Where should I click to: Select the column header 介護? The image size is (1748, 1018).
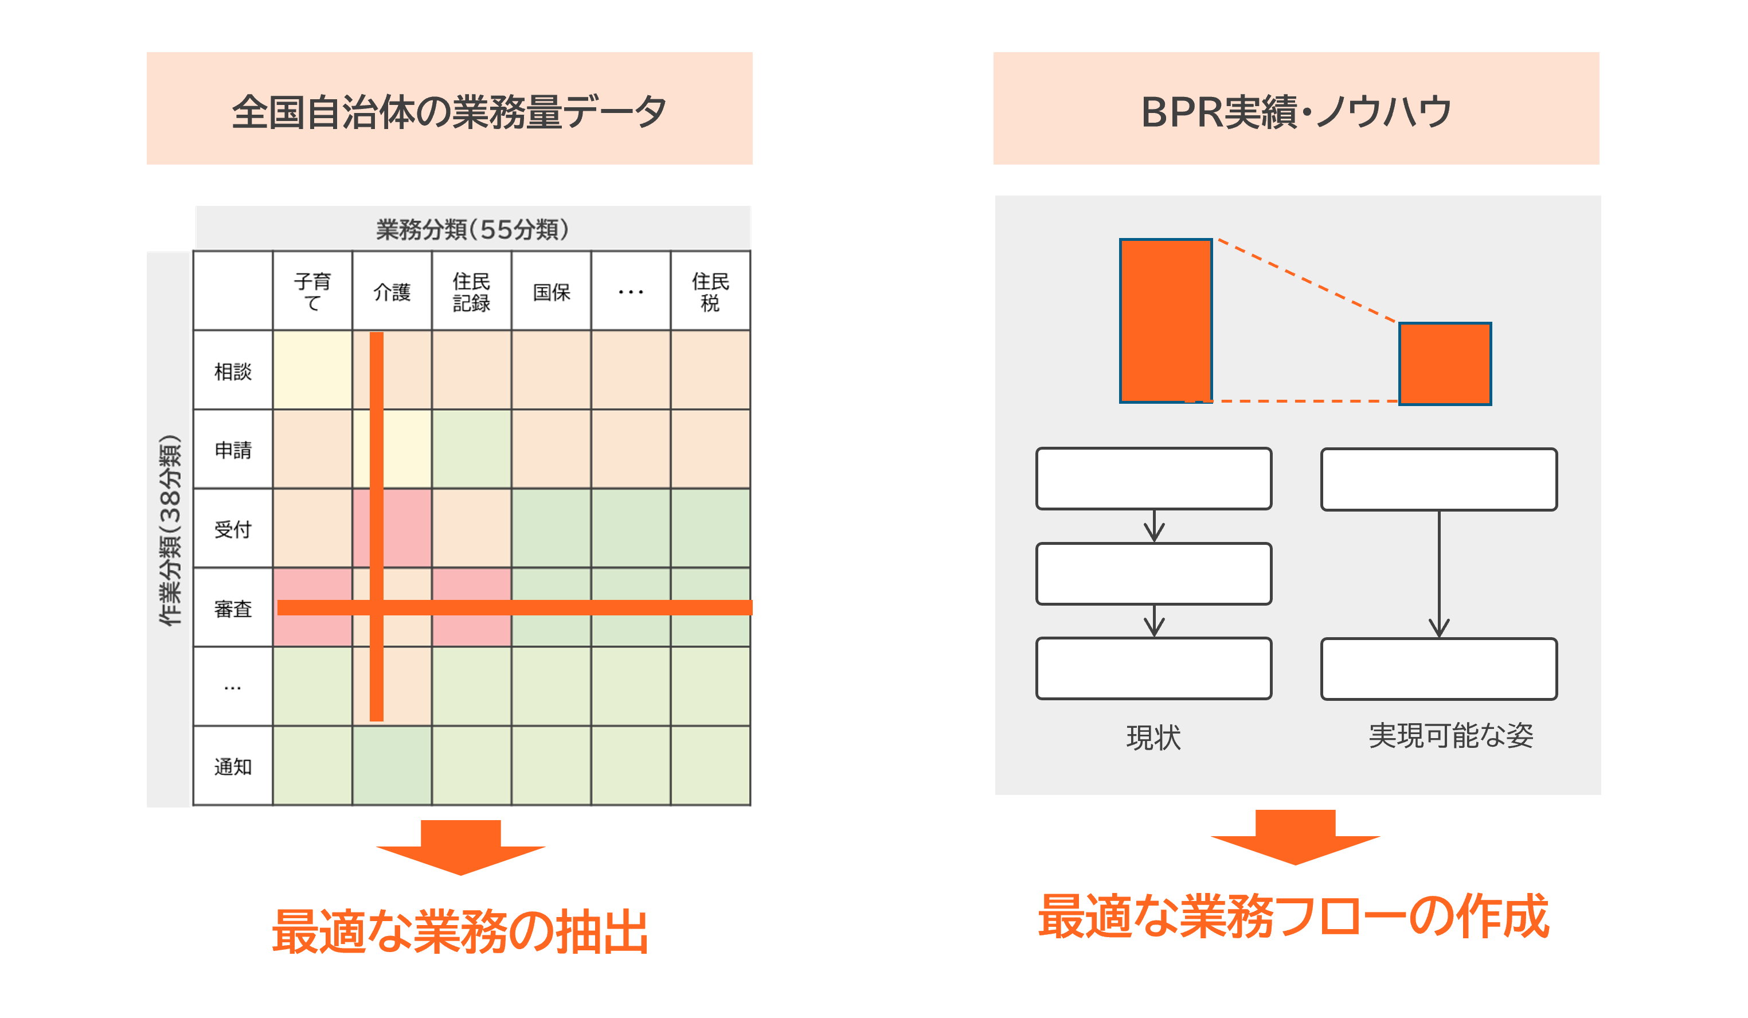tap(392, 292)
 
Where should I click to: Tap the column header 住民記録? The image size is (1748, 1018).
tap(472, 291)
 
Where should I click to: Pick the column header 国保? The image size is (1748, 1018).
tap(552, 292)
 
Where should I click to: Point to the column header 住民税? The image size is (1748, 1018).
tap(710, 291)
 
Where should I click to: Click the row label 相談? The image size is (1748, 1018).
tap(233, 371)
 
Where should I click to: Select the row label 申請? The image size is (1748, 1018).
tap(233, 450)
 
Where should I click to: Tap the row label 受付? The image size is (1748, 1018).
tap(233, 529)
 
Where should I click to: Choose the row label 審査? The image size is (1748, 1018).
tap(233, 609)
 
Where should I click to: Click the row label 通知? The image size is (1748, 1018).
tap(233, 767)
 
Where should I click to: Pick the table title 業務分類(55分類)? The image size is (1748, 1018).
tap(472, 229)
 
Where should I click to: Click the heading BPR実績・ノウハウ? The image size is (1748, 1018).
tap(1296, 111)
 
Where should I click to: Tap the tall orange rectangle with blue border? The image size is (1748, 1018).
tap(1166, 321)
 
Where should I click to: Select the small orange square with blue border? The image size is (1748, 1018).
tap(1445, 364)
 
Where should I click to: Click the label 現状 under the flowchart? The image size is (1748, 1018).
tap(1153, 737)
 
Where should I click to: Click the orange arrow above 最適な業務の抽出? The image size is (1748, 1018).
tap(460, 847)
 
